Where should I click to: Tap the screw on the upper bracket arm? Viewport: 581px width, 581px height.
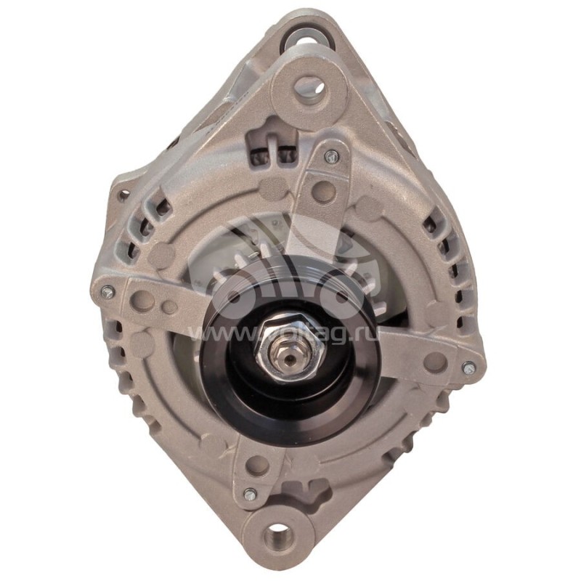(x=330, y=155)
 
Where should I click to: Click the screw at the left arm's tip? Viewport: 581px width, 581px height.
(x=107, y=293)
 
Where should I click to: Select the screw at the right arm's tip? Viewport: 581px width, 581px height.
(x=469, y=368)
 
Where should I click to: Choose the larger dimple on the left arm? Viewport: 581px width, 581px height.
(x=142, y=298)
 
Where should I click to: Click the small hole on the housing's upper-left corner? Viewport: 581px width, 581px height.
(x=123, y=195)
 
